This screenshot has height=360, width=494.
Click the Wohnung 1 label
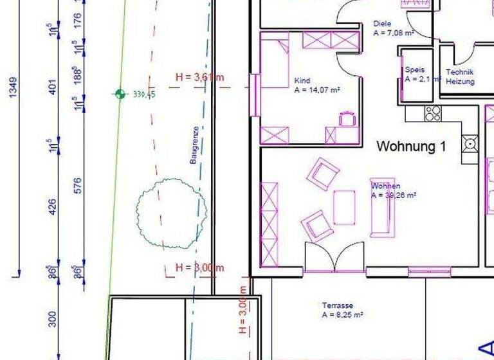point(411,146)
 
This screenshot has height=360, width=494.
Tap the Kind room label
point(302,81)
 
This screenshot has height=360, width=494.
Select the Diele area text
point(393,32)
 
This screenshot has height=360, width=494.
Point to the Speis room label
point(414,70)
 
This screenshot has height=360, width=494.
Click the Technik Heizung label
point(460,76)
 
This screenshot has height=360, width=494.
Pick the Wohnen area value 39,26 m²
point(394,195)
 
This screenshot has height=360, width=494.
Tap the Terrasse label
point(338,305)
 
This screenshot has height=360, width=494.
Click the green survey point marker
point(120,94)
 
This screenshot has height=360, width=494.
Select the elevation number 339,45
point(144,94)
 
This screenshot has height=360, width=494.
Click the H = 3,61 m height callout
point(200,78)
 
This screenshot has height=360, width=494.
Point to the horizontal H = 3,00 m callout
point(200,267)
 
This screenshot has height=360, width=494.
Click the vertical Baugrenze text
point(194,145)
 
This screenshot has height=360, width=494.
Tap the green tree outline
point(172,213)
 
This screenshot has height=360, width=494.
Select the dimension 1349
point(14,87)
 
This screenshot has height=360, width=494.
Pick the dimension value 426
point(53,207)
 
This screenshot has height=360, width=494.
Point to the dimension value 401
point(53,85)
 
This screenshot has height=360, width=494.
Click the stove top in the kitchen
point(433,113)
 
